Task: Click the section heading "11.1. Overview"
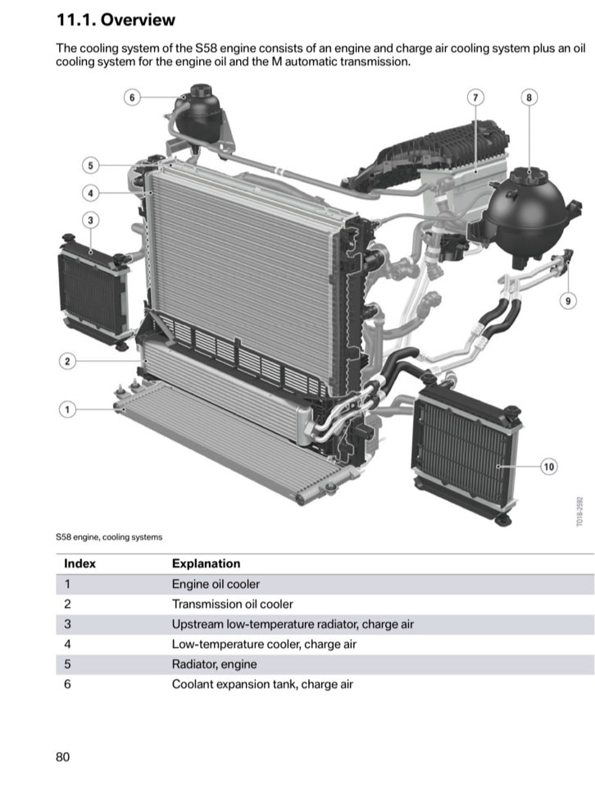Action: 116,20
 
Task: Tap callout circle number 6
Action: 130,97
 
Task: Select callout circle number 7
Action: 475,97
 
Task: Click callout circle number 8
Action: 529,97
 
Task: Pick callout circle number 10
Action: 548,467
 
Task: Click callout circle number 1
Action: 68,408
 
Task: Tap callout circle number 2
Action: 68,361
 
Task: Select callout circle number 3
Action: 90,220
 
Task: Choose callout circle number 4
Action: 90,193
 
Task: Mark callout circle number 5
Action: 90,166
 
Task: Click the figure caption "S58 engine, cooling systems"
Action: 109,537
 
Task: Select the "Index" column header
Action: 79,564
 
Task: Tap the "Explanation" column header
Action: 206,564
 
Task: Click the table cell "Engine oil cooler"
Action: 216,584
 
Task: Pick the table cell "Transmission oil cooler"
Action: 232,604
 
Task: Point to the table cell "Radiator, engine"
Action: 214,664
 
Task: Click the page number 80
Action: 63,756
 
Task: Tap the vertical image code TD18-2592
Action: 579,511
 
